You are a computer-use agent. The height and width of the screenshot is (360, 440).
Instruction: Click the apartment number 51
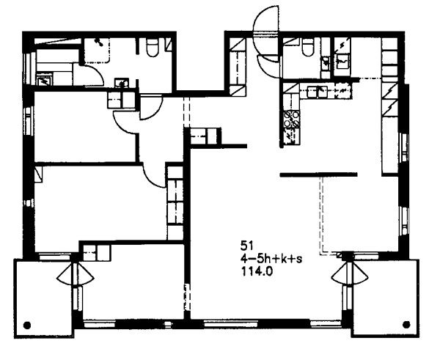[247, 246]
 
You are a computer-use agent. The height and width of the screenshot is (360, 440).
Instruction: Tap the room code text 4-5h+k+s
[271, 259]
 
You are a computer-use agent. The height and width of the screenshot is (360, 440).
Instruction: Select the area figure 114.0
[257, 272]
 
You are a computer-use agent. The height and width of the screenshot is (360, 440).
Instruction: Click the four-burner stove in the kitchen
[292, 120]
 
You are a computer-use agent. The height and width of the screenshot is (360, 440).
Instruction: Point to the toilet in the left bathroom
[153, 48]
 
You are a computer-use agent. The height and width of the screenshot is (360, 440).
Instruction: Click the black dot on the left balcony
[27, 326]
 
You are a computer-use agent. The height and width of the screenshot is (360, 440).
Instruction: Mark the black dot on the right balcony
[406, 325]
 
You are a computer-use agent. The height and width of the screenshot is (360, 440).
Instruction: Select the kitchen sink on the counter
[318, 92]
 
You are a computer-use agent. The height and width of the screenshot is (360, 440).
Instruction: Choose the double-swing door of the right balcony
[349, 274]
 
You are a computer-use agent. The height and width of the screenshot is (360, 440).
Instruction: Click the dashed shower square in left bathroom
[97, 51]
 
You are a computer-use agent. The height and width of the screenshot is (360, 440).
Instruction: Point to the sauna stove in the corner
[44, 81]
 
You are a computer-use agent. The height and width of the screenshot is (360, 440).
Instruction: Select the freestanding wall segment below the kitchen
[319, 175]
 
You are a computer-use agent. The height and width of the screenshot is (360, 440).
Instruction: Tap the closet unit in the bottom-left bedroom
[97, 252]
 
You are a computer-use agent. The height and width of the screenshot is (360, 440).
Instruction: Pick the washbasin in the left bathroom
[122, 84]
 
